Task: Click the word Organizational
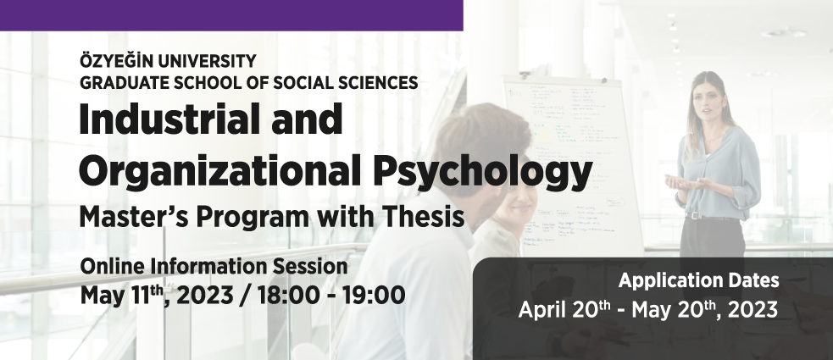tap(221, 170)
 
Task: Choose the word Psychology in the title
tap(483, 171)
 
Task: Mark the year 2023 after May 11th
tap(204, 296)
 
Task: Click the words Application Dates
tap(698, 280)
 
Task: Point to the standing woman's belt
tap(710, 217)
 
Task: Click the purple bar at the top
tap(231, 15)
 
